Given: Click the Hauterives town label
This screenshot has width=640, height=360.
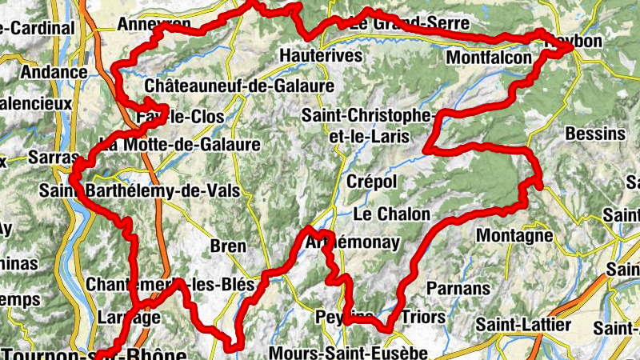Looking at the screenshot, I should click(322, 56).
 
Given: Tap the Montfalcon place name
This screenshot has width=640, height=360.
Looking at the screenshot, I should click(489, 58).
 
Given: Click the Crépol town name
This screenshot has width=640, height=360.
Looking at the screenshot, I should click(371, 182).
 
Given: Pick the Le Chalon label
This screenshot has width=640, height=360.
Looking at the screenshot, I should click(391, 214).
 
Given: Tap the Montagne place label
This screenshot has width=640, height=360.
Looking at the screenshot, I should click(514, 236).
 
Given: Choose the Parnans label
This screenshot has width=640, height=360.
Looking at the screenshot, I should click(458, 287).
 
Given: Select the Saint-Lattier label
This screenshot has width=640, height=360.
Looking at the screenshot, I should click(523, 325).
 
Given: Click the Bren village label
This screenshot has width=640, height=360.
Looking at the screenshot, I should click(228, 246).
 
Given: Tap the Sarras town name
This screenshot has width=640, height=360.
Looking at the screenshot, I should click(54, 157).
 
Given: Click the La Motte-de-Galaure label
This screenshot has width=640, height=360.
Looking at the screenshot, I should click(180, 145).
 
